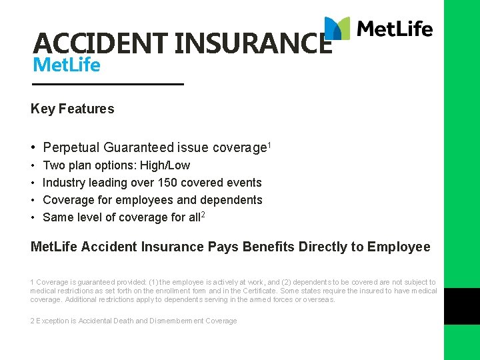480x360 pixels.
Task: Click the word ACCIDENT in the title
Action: click(x=100, y=43)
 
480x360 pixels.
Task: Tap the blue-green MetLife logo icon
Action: click(x=337, y=28)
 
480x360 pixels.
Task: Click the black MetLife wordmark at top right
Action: click(x=395, y=29)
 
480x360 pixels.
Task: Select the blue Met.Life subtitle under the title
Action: click(x=66, y=65)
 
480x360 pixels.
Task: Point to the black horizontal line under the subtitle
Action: click(x=107, y=85)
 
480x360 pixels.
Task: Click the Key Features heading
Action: click(x=72, y=109)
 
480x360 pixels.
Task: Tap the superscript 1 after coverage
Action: click(x=269, y=145)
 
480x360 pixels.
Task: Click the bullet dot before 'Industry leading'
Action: click(x=33, y=183)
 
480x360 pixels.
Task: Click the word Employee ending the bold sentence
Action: click(x=398, y=247)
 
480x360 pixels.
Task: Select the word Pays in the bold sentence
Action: click(x=225, y=247)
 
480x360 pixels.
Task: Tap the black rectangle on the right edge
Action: click(x=461, y=306)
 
